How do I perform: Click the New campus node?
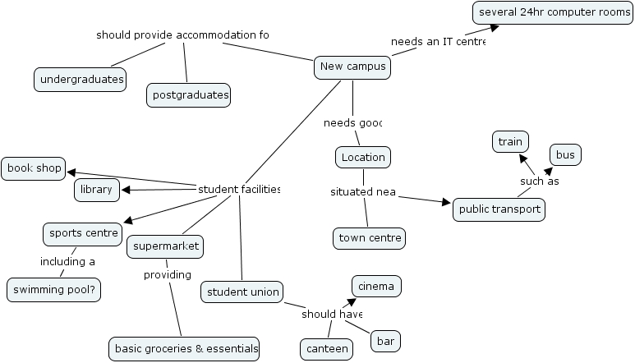pyautogui.click(x=352, y=67)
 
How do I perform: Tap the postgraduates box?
pyautogui.click(x=189, y=95)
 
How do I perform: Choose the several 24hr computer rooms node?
pyautogui.click(x=552, y=13)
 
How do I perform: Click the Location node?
pyautogui.click(x=363, y=157)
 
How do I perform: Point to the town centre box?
pyautogui.click(x=370, y=239)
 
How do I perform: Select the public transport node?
pyautogui.click(x=499, y=209)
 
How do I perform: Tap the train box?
pyautogui.click(x=510, y=142)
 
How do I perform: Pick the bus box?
pyautogui.click(x=565, y=154)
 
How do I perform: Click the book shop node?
pyautogui.click(x=34, y=168)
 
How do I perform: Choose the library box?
pyautogui.click(x=97, y=191)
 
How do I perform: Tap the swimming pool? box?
pyautogui.click(x=54, y=289)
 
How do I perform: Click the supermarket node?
pyautogui.click(x=164, y=246)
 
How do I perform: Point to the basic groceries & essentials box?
pyautogui.click(x=186, y=348)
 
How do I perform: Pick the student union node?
pyautogui.click(x=242, y=292)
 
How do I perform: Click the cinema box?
pyautogui.click(x=377, y=286)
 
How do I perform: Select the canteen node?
pyautogui.click(x=326, y=348)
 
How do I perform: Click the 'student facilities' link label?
pyautogui.click(x=239, y=190)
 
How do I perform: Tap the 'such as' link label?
pyautogui.click(x=539, y=181)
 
